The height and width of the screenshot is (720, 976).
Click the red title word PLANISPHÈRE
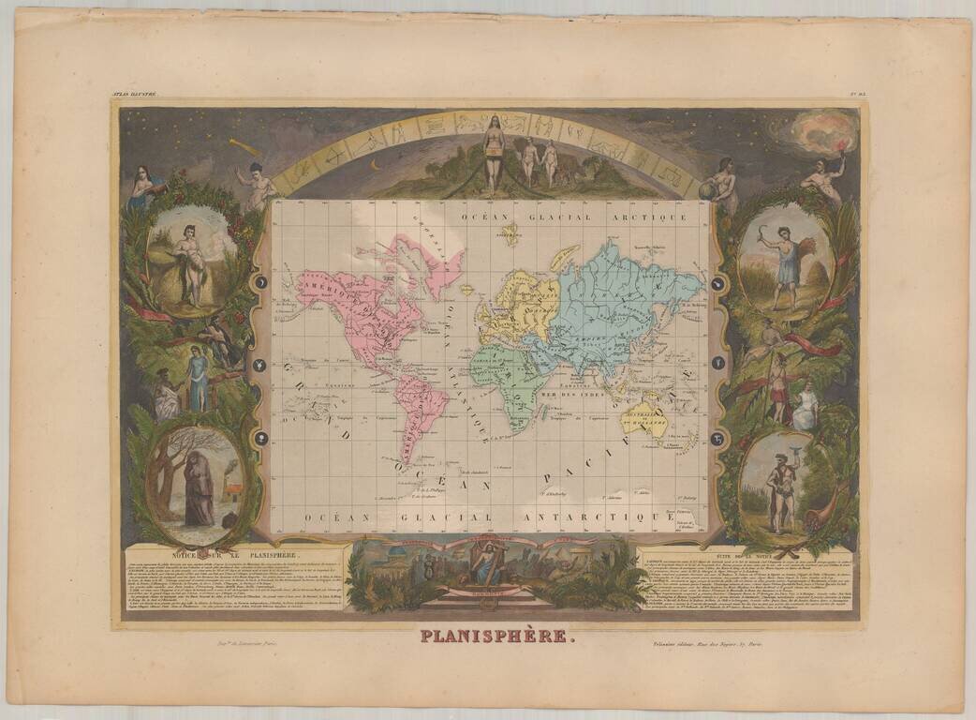click(493, 637)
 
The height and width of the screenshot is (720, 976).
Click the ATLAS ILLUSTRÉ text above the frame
click(134, 94)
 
